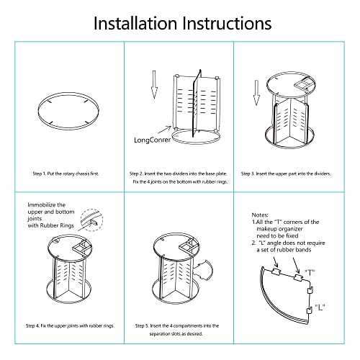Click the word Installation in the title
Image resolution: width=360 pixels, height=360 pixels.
(x=135, y=23)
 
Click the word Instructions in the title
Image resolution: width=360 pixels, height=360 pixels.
(x=227, y=23)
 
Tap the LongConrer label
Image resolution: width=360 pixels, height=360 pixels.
(x=152, y=140)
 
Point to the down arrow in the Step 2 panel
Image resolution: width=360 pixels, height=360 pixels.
(x=154, y=84)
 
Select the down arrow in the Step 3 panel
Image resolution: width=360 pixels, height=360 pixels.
(x=256, y=93)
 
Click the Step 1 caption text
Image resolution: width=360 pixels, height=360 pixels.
(x=66, y=174)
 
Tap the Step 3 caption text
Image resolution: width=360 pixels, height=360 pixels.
(x=286, y=174)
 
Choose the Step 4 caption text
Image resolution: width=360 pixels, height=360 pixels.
(x=70, y=325)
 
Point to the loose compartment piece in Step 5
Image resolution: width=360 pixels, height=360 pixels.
(x=204, y=270)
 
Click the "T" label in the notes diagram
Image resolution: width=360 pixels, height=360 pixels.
(x=310, y=273)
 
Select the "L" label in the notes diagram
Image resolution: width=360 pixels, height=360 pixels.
(x=320, y=307)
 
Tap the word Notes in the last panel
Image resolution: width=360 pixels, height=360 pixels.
(x=260, y=215)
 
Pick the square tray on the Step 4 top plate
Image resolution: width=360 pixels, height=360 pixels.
(x=82, y=247)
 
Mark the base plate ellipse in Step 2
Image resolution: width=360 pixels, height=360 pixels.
(x=196, y=143)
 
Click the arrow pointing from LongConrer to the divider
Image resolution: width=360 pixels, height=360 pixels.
(x=164, y=130)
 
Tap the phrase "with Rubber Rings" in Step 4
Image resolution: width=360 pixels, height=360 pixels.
(x=51, y=225)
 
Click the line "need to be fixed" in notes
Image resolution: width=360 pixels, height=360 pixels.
(x=277, y=235)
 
